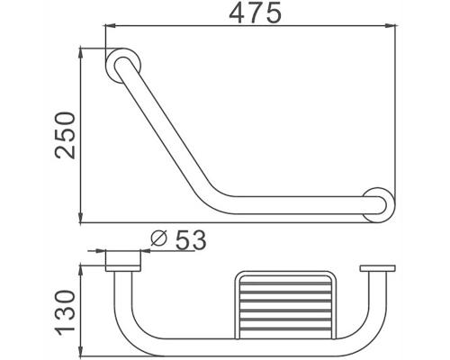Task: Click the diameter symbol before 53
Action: tap(157, 239)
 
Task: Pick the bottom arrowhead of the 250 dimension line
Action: tap(82, 219)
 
